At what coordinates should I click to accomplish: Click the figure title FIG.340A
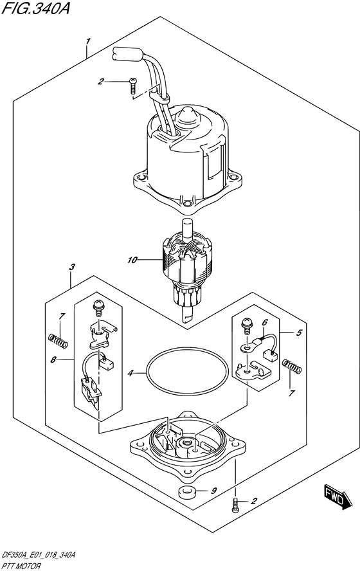(35, 8)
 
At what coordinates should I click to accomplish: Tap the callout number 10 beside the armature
(132, 260)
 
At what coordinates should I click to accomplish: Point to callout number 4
(130, 373)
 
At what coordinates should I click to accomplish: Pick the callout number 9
(215, 491)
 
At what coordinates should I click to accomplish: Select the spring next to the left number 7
(58, 341)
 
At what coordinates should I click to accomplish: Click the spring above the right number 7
(292, 367)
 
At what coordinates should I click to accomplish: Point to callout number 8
(53, 360)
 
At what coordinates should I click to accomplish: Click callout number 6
(265, 322)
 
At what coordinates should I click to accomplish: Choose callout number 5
(299, 332)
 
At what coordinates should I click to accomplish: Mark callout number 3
(72, 267)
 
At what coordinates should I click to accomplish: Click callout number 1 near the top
(87, 41)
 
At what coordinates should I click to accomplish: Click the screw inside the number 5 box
(247, 325)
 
